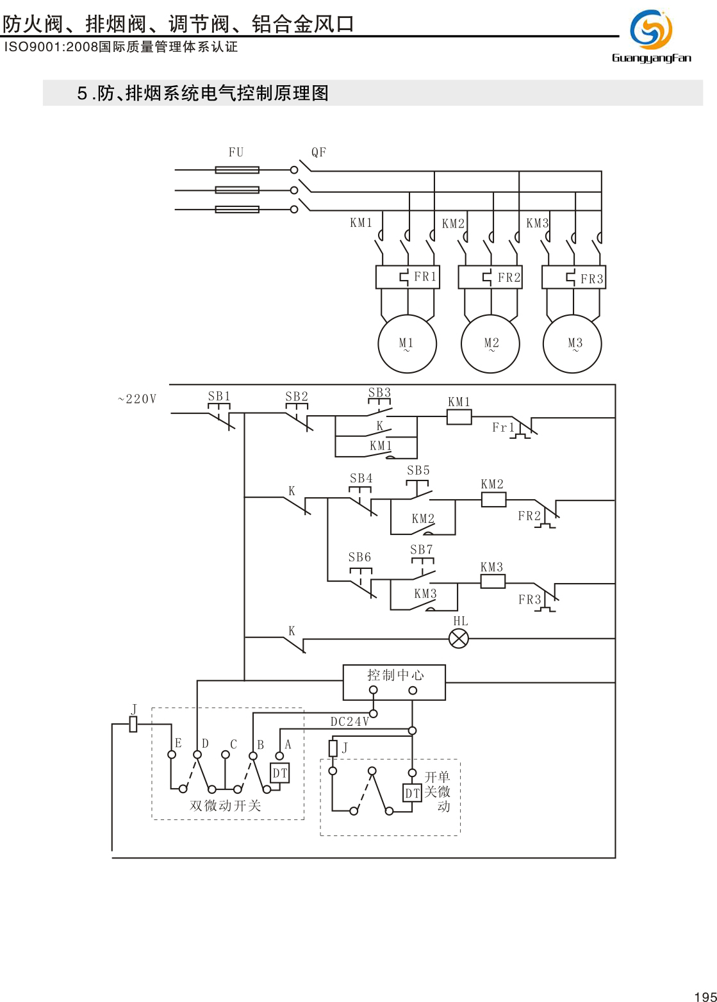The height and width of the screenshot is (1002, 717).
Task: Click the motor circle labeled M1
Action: click(407, 344)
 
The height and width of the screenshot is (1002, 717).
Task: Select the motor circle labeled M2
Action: click(490, 344)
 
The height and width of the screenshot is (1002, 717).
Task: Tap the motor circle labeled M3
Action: click(572, 344)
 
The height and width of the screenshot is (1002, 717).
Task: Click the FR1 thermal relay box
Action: click(408, 277)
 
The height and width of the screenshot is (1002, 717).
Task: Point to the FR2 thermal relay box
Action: click(490, 277)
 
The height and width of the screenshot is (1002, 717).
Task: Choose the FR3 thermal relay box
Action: click(573, 277)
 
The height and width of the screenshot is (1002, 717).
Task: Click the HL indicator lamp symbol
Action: click(459, 639)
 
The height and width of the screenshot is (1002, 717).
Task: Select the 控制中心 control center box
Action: click(394, 682)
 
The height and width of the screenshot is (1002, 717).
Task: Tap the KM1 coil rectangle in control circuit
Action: click(459, 417)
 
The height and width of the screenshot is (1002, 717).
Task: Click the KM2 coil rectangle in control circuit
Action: click(493, 499)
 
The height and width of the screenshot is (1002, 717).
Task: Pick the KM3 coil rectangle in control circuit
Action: click(493, 581)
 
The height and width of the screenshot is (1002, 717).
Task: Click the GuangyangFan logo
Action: click(651, 37)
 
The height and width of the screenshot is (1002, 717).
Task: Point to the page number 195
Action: click(705, 996)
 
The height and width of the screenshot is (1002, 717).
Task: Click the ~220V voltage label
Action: click(137, 399)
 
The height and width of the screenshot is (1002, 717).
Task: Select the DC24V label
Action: click(350, 722)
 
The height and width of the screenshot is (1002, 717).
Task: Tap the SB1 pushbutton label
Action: click(219, 397)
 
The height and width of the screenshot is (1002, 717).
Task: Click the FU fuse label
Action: click(236, 152)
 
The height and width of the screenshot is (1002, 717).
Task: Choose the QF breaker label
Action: click(318, 152)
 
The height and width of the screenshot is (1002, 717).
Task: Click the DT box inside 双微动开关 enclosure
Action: click(280, 773)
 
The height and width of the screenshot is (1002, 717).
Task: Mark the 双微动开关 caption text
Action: click(226, 806)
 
